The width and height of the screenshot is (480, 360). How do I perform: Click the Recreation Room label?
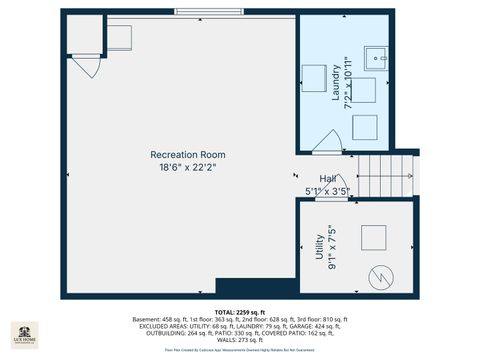(187, 154)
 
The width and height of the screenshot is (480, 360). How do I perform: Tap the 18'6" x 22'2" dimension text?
(187, 167)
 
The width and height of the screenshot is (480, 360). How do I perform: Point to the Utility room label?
(319, 247)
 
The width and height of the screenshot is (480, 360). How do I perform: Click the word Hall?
(327, 177)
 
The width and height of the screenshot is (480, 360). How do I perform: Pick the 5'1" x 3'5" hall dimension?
(327, 189)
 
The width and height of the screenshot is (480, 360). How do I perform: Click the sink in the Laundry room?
(379, 56)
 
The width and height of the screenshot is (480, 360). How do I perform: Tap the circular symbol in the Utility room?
(380, 275)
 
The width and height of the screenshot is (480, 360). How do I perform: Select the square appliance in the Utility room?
(373, 238)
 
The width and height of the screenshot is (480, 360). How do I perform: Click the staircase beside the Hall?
(387, 177)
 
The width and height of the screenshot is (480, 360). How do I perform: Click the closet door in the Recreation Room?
(88, 66)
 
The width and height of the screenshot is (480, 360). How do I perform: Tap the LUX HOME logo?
(24, 335)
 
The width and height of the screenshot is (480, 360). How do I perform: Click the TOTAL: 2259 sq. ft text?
(239, 312)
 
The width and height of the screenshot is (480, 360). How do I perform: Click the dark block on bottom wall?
(243, 287)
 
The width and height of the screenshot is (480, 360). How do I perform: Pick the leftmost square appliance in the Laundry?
(314, 77)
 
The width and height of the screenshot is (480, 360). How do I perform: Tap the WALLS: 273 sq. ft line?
(239, 340)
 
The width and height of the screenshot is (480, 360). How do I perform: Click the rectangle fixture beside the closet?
(121, 37)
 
